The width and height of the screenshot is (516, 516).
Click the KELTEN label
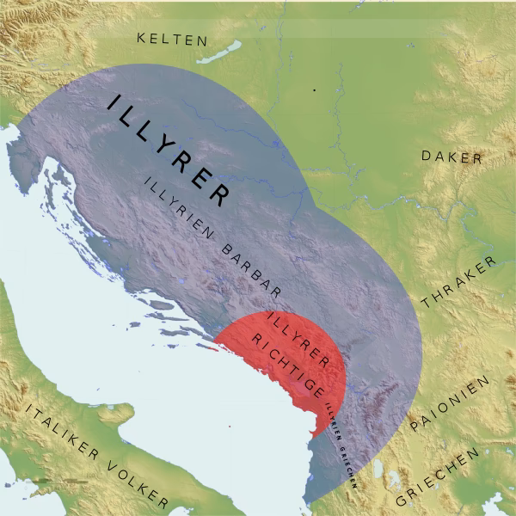tap(173, 40)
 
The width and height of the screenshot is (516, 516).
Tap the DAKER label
tap(451, 157)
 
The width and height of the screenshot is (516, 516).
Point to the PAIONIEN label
tap(450, 403)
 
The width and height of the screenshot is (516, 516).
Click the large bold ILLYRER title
tap(168, 150)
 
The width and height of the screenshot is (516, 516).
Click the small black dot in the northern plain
tap(315, 89)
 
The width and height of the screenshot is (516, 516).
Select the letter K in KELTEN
tap(143, 39)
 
